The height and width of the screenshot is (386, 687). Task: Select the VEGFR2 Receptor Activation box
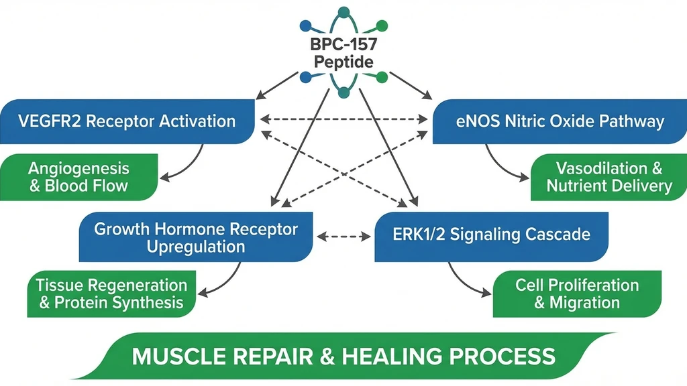[127, 121]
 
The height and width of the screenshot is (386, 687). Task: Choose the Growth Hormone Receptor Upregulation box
[196, 237]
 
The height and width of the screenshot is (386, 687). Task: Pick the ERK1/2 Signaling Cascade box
[491, 235]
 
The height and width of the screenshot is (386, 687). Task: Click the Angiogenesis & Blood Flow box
[78, 177]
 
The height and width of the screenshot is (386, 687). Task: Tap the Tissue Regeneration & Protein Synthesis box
[111, 294]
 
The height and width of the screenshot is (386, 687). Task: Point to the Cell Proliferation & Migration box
[577, 294]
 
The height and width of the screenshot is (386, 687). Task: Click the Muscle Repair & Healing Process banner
[343, 355]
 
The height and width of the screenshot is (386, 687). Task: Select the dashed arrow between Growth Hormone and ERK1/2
[343, 237]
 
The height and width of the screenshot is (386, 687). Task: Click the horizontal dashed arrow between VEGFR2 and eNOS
[343, 120]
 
